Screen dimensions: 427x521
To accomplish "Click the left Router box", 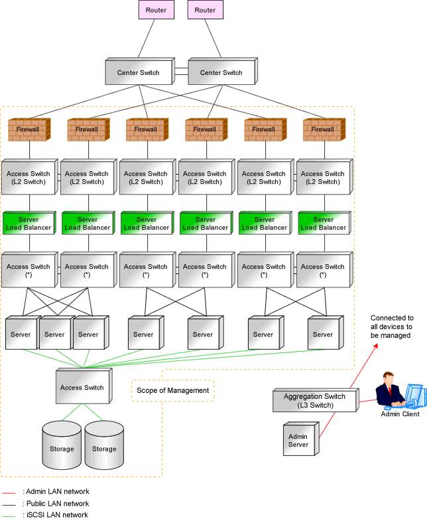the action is pyautogui.click(x=156, y=10).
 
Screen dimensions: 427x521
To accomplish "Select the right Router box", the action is pyautogui.click(x=205, y=10).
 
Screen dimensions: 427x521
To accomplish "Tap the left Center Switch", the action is pyautogui.click(x=140, y=72).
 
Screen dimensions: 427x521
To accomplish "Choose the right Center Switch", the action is pyautogui.click(x=223, y=72).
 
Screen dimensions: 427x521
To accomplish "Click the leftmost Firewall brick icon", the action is pyautogui.click(x=29, y=129).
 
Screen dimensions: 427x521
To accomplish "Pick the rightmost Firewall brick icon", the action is pyautogui.click(x=324, y=129).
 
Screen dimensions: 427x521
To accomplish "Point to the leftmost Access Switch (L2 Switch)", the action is pyautogui.click(x=30, y=177).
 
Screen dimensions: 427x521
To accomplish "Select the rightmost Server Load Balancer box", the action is pyautogui.click(x=324, y=223).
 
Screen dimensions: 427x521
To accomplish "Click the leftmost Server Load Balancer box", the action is pyautogui.click(x=29, y=223).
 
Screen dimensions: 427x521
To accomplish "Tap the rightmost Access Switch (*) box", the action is pyautogui.click(x=324, y=270).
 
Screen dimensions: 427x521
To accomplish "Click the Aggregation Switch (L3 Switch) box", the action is pyautogui.click(x=316, y=400).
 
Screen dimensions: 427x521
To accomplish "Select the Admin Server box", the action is pyautogui.click(x=301, y=439).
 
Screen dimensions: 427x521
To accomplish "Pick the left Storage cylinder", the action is pyautogui.click(x=62, y=445).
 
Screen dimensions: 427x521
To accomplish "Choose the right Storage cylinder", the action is pyautogui.click(x=104, y=445).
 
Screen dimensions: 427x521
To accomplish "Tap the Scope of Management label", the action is pyautogui.click(x=173, y=390).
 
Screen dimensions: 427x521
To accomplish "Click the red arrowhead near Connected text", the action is pyautogui.click(x=376, y=346).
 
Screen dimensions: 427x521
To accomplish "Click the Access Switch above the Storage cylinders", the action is pyautogui.click(x=84, y=386).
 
